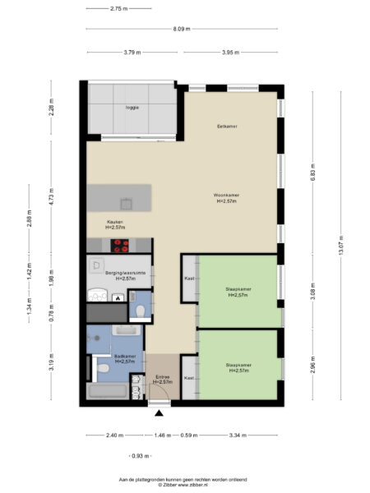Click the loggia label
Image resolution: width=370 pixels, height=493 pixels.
pos(132,108)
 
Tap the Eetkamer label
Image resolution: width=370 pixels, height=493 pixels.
pos(227,127)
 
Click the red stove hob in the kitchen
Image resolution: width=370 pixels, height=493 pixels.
pos(123,243)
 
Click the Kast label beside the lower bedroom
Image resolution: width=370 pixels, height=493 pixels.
pos(189,377)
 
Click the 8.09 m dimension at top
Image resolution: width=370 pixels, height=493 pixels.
pos(182,29)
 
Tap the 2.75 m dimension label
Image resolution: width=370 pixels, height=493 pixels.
pos(119,8)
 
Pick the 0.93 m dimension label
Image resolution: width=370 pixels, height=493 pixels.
pos(140,455)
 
